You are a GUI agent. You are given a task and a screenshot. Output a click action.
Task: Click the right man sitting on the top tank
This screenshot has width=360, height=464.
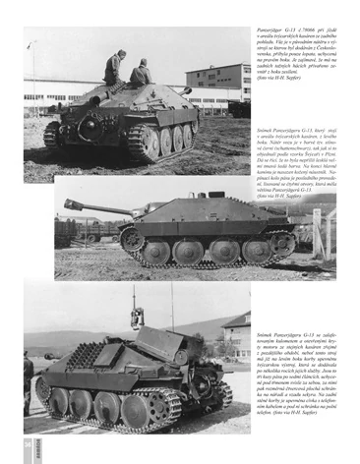(x=142, y=73)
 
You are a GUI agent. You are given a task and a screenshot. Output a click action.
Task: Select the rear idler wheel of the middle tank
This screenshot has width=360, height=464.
(x=282, y=242)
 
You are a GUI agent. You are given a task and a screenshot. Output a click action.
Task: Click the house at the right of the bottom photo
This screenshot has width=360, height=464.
(x=237, y=334)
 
